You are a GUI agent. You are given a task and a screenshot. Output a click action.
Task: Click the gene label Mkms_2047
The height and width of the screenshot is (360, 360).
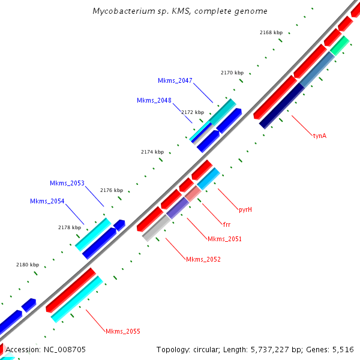[175, 80]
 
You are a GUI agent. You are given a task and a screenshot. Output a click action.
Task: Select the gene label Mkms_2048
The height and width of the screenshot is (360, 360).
[154, 100]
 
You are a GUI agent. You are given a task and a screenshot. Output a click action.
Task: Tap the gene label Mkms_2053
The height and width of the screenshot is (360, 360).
[67, 183]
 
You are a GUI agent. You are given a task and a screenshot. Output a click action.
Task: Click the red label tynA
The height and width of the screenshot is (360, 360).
[319, 136]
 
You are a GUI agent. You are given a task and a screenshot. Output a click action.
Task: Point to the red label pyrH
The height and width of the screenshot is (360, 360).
[245, 209]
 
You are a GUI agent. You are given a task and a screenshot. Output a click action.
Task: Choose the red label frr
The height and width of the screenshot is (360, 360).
[226, 224]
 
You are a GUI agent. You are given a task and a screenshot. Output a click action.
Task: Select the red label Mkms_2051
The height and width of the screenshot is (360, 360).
[224, 239]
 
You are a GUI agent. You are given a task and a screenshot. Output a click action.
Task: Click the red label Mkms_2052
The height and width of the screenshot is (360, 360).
[203, 259]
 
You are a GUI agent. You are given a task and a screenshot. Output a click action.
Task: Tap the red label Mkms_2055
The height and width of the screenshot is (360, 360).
[123, 331]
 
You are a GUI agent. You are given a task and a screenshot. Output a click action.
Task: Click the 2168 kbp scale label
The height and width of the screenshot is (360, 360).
[271, 32]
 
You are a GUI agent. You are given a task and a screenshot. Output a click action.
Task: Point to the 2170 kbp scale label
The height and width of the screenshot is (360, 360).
[232, 73]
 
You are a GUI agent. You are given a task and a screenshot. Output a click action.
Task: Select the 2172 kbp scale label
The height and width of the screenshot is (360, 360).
[193, 112]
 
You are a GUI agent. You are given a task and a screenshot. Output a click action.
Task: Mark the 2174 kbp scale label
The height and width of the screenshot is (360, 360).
[152, 152]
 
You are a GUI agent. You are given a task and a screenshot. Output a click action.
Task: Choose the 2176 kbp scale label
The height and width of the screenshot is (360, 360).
[111, 190]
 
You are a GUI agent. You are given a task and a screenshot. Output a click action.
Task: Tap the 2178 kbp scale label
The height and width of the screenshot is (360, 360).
[70, 227]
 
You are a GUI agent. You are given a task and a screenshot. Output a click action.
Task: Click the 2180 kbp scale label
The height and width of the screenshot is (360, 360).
[28, 265]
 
